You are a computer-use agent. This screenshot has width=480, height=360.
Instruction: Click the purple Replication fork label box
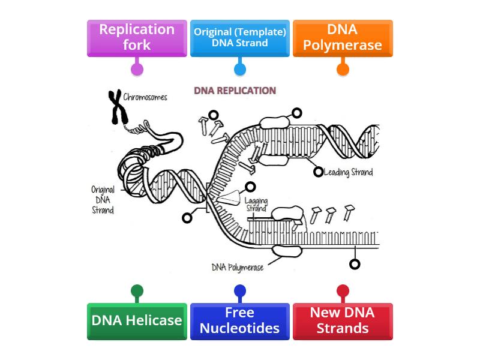[137, 38]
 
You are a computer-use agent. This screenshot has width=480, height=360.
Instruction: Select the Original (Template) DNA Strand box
[239, 38]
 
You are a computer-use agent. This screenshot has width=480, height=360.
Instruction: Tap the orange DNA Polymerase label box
[343, 38]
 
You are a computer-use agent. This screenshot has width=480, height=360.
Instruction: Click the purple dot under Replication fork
[137, 69]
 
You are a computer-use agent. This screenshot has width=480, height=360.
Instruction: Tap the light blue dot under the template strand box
[239, 69]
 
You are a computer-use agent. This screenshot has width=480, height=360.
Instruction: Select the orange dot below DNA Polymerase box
[343, 69]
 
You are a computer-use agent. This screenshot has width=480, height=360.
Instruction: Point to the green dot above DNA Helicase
[137, 292]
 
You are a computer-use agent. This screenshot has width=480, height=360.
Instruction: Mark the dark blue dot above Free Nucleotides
[239, 292]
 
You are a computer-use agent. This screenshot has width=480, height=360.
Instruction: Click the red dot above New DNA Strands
[343, 292]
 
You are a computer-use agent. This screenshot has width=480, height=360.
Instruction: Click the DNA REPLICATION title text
[235, 91]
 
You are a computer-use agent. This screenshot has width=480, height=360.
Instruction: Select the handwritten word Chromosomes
[145, 97]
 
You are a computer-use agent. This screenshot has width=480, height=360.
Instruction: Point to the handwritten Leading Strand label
[348, 173]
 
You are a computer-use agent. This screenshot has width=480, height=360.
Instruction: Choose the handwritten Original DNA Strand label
[103, 200]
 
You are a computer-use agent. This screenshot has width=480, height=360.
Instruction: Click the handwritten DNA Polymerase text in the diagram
[238, 268]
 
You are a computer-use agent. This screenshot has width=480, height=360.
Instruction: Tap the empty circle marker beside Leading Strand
[319, 172]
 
